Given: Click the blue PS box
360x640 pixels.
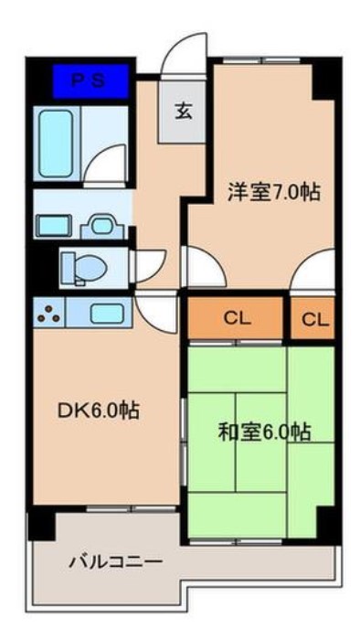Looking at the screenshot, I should [x=88, y=80].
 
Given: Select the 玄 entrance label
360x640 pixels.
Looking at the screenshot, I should [x=182, y=112].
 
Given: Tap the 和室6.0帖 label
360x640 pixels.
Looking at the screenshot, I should [x=264, y=431].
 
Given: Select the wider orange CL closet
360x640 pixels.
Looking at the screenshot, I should [x=237, y=318].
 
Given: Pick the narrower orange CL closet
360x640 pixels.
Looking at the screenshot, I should [x=313, y=318].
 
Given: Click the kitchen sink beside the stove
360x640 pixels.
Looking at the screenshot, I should [x=105, y=314].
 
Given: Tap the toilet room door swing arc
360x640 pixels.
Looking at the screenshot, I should [x=148, y=267].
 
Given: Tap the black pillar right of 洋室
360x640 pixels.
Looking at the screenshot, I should [x=325, y=80].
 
